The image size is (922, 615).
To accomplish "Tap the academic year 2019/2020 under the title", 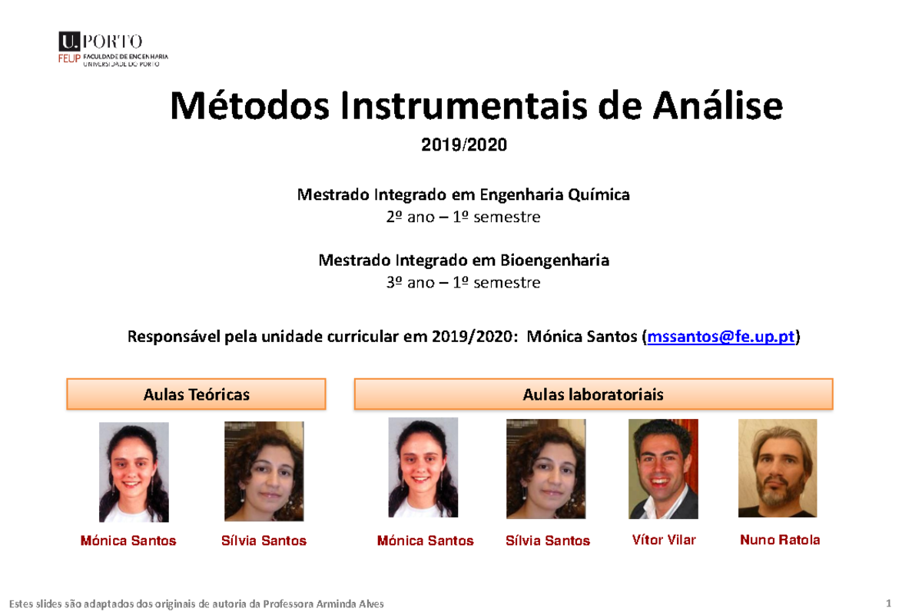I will [464, 145].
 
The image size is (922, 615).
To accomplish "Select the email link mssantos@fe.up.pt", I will [721, 337].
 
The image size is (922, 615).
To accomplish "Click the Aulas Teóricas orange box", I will [197, 394].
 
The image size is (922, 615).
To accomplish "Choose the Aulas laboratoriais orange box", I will [593, 394].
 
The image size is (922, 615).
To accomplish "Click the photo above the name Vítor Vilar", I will [663, 469].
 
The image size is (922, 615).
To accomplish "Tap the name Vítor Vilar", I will [664, 540].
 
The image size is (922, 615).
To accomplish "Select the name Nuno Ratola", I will [780, 540].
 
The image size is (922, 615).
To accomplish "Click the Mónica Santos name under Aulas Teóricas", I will [128, 541].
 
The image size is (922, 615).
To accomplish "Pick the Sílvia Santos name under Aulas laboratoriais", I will [548, 541].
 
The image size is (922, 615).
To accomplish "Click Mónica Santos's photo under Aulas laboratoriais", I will [423, 467].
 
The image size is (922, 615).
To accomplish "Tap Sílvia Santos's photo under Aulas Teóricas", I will [264, 471].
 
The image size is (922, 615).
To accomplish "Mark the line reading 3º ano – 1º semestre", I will [463, 283].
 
